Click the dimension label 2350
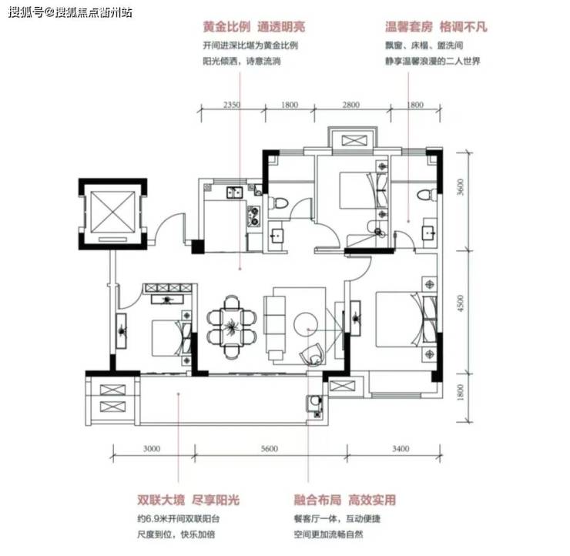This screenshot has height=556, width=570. point(232,105)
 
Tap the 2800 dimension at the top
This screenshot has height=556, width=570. point(350,105)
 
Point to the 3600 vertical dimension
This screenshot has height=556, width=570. point(460,187)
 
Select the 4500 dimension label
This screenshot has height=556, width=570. point(460,303)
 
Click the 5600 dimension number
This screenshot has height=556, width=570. point(270,449)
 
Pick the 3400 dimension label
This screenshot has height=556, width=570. point(401,449)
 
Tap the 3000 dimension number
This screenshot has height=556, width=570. point(152,449)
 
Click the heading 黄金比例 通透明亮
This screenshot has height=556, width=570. point(254,26)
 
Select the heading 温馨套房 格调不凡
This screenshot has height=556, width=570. point(436,26)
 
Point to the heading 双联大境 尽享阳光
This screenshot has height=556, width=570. point(188,500)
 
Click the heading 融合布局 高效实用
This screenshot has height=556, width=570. point(344,500)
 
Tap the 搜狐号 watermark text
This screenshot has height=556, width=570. point(26,13)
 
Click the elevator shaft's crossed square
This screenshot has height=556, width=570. point(112,213)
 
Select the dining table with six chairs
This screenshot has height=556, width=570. point(232,327)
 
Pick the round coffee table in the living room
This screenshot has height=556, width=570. point(306,324)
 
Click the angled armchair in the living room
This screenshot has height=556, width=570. point(312,354)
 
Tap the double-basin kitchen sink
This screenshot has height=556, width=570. point(235,192)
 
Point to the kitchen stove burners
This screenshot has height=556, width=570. point(253,216)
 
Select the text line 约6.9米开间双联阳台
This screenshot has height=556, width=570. point(179,518)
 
